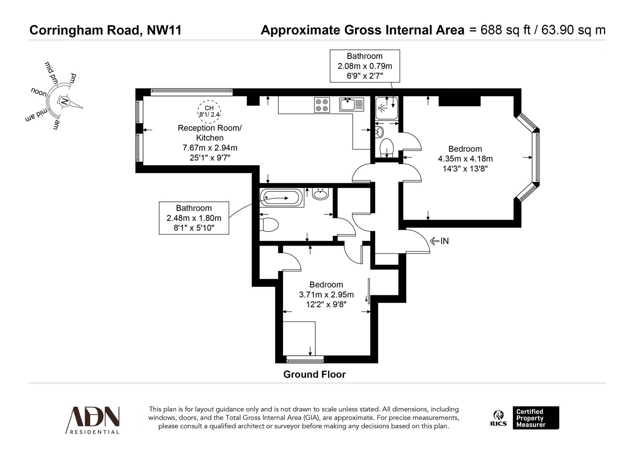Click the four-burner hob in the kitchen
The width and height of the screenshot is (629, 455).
click(322, 104)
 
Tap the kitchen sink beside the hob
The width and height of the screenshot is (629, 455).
click(351, 104)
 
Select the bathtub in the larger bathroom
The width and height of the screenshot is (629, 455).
click(281, 197)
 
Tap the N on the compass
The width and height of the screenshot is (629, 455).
click(64, 102)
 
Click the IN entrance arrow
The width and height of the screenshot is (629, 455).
click(439, 241)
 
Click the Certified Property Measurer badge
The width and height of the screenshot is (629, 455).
click(536, 418)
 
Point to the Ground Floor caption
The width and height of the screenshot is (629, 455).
click(314, 374)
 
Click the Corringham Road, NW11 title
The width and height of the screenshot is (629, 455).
click(105, 30)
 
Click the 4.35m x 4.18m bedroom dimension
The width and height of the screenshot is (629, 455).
click(465, 159)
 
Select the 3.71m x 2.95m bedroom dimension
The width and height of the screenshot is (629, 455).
click(326, 294)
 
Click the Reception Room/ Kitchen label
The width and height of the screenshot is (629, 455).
click(210, 133)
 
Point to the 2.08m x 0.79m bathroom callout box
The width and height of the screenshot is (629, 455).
click(365, 66)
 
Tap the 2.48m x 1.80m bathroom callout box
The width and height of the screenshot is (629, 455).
click(194, 218)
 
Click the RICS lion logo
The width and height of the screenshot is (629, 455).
click(498, 418)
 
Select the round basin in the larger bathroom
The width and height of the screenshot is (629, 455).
click(321, 194)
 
